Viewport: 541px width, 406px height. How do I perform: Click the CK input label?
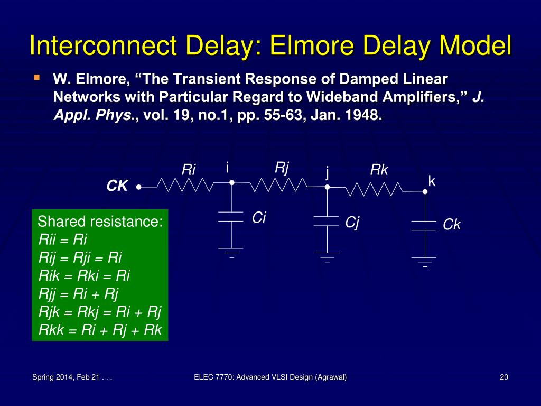tap(117, 186)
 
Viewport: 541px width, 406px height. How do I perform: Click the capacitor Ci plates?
tap(231, 217)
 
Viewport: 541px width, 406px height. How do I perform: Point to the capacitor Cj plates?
tap(327, 221)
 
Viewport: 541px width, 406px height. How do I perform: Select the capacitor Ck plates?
tap(424, 226)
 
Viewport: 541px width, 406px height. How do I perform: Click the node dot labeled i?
tap(231, 183)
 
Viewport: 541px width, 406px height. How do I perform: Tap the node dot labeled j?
tap(327, 187)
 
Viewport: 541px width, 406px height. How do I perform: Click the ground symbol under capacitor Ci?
tap(231, 251)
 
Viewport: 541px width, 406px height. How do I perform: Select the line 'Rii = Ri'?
tap(63, 239)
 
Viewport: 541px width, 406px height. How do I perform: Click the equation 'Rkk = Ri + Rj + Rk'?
tap(100, 330)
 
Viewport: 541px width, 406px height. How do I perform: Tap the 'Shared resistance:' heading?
tap(100, 222)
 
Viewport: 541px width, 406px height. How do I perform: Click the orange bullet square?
tap(36, 78)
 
